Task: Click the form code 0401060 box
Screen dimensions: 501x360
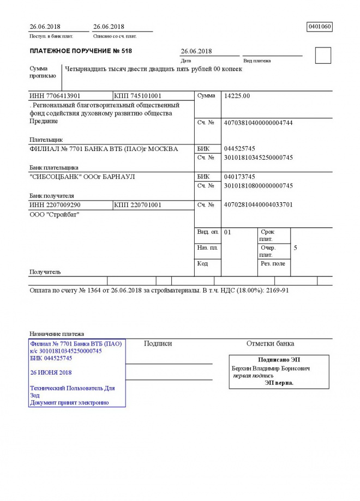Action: tap(320, 26)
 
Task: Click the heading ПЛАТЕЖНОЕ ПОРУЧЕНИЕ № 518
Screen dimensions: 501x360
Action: tap(81, 51)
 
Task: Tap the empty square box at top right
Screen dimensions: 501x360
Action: tap(323, 55)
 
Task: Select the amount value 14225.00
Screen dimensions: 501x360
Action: tap(237, 96)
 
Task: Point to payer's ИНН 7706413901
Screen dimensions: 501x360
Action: tap(55, 96)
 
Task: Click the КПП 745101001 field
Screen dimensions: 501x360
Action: tap(137, 96)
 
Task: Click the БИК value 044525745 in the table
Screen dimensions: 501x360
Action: tap(239, 149)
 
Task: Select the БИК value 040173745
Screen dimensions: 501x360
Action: tap(239, 177)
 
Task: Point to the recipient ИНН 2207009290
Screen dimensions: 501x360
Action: tap(55, 205)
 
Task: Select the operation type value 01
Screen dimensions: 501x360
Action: tap(228, 232)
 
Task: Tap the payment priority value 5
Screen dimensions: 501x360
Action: tap(295, 248)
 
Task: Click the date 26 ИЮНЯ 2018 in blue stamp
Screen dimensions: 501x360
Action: tap(51, 372)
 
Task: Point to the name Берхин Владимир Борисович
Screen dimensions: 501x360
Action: tap(271, 369)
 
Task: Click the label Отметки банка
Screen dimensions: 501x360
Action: tap(270, 343)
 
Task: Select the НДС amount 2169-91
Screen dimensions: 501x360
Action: tap(277, 290)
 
